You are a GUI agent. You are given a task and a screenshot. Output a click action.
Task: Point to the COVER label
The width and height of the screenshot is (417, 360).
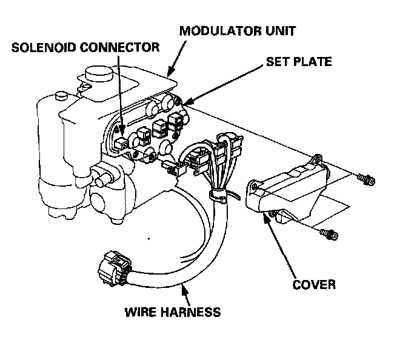[314, 283]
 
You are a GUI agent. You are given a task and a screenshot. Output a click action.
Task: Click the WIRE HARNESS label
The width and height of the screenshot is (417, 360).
[172, 313]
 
